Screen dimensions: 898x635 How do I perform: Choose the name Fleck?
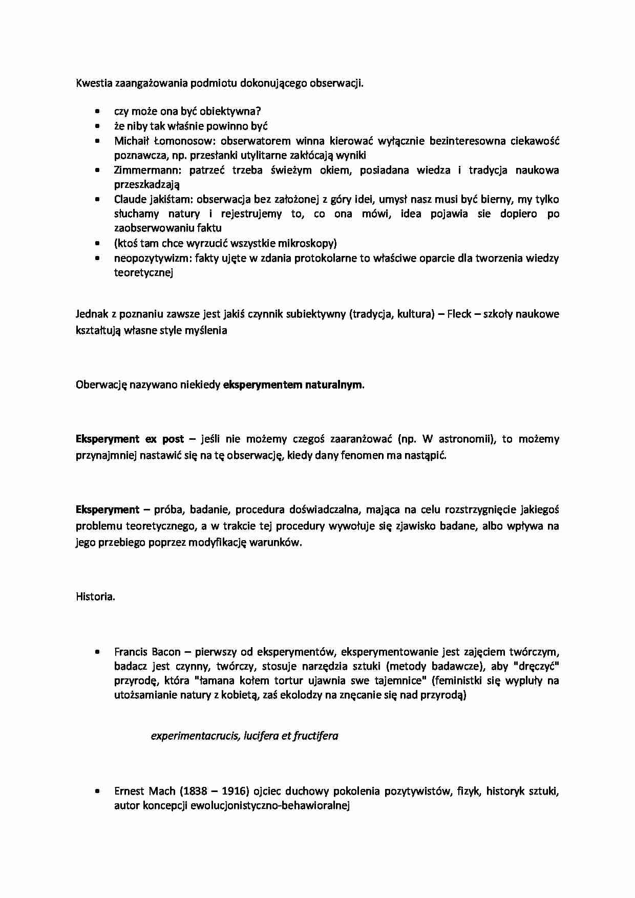tap(459, 314)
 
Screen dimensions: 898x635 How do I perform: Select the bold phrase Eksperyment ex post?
tap(130, 439)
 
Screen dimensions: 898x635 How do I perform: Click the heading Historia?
tap(95, 596)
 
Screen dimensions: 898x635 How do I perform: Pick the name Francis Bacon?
tap(147, 652)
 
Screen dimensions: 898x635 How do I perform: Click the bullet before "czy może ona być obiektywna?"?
tap(97, 111)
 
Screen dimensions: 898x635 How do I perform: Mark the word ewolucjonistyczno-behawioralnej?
tap(269, 806)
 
